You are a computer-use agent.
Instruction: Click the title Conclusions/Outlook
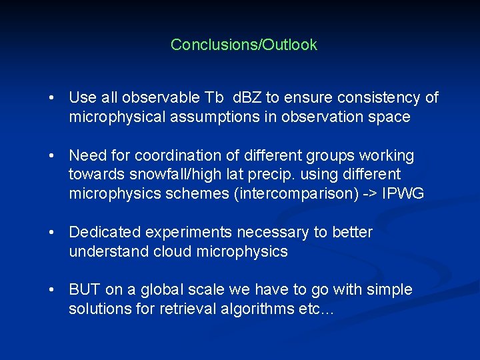[243, 45]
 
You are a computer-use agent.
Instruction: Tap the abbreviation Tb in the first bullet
[214, 97]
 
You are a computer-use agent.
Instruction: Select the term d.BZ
[247, 97]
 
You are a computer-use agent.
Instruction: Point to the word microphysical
[112, 117]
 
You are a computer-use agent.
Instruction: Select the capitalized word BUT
[85, 290]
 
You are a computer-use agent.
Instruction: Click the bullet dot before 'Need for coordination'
[51, 156]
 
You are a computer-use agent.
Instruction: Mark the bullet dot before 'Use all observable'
[51, 98]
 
